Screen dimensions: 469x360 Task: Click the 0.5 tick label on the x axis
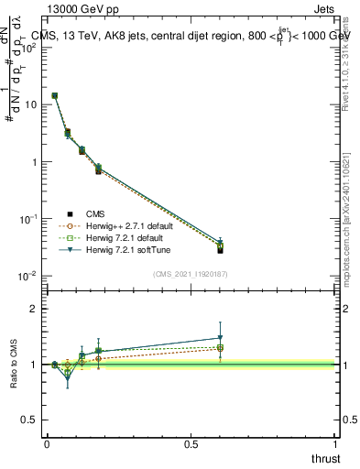click(x=191, y=443)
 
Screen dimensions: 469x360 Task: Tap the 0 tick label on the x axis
click(x=47, y=443)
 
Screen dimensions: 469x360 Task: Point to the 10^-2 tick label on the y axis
click(x=29, y=276)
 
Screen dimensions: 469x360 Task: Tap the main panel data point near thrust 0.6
click(x=220, y=249)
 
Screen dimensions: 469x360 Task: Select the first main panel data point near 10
click(x=55, y=95)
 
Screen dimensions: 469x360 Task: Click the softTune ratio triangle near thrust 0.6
click(x=220, y=338)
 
